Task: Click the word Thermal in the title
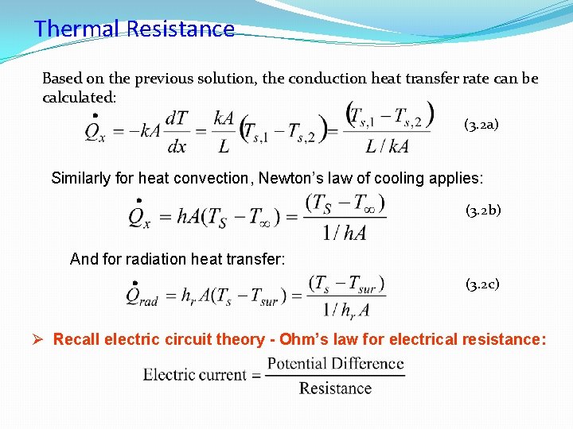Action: pyautogui.click(x=76, y=29)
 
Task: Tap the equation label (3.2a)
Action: pyautogui.click(x=481, y=125)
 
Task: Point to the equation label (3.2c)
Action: pyautogui.click(x=483, y=284)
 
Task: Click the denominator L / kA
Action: pyautogui.click(x=388, y=145)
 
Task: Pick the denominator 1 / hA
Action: pyautogui.click(x=345, y=231)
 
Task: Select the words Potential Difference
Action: pyautogui.click(x=335, y=365)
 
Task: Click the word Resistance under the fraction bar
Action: pyautogui.click(x=335, y=388)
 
